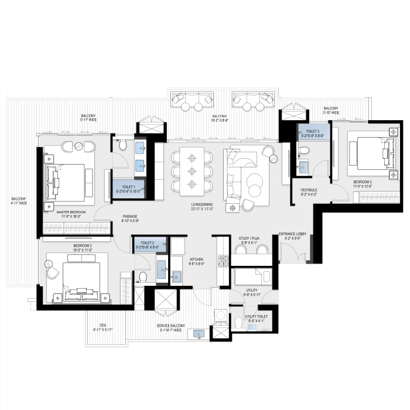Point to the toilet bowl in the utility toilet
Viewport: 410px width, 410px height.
238,323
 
